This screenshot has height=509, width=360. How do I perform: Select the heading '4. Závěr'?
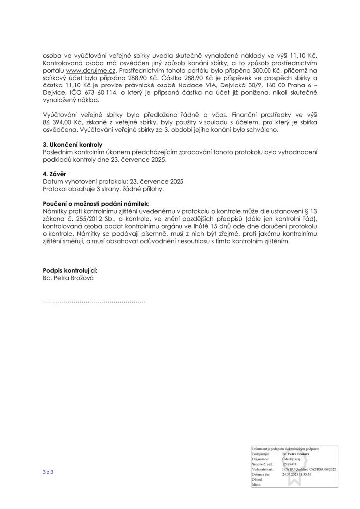[55, 174]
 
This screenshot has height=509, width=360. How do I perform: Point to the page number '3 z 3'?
[48, 471]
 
